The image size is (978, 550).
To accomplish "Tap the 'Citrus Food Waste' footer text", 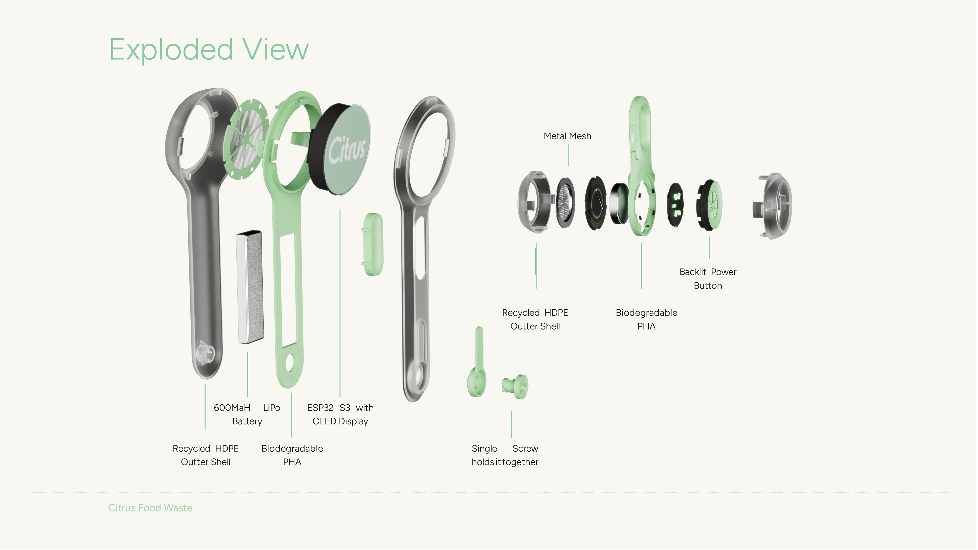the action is (150, 508).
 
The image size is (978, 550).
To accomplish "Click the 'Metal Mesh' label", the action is (567, 136).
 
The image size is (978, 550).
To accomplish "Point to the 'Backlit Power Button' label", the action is (708, 279).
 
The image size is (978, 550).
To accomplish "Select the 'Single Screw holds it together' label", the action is (505, 455).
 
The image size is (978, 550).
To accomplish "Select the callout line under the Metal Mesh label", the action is (568, 156).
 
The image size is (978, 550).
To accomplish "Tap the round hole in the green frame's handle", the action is (290, 363).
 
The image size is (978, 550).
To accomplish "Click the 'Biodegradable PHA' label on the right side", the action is (646, 319).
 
